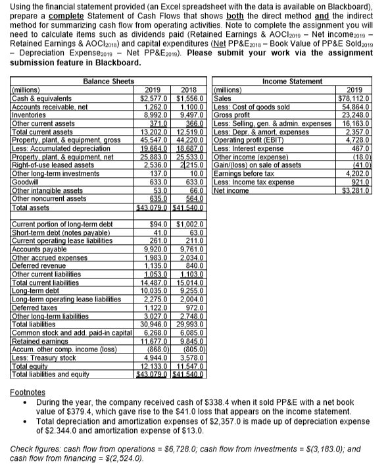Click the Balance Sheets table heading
click(109, 81)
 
